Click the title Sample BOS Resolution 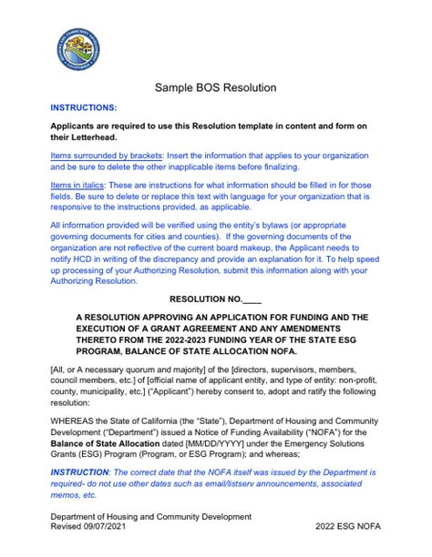pyautogui.click(x=215, y=88)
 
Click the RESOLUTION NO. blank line pyautogui.click(x=252, y=299)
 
